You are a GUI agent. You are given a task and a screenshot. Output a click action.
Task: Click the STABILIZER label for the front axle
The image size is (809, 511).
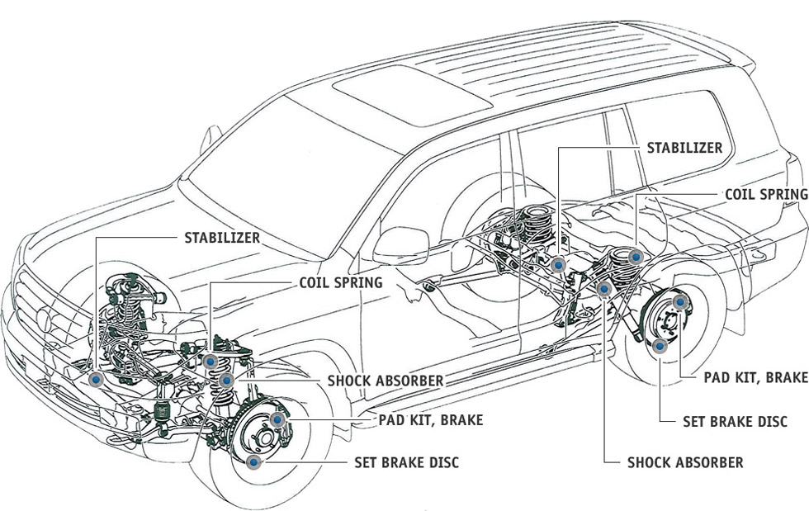[x=221, y=238]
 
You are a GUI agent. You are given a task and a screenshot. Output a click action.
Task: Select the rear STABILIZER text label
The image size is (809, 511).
[x=684, y=148]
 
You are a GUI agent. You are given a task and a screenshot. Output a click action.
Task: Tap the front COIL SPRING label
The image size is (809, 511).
[x=340, y=282]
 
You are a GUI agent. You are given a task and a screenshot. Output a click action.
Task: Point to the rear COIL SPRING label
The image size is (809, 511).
[x=765, y=194]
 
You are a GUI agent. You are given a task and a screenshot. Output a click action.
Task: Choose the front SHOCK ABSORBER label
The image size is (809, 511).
[x=386, y=381]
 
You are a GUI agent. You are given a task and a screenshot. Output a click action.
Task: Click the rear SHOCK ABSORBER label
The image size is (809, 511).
[x=685, y=462]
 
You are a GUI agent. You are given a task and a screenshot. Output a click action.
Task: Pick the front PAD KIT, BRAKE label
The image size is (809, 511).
[x=431, y=420]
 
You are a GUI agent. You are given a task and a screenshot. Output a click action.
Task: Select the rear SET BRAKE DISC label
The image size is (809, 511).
[x=735, y=421]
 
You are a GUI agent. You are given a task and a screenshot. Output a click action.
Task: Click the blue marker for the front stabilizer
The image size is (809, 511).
[x=97, y=380]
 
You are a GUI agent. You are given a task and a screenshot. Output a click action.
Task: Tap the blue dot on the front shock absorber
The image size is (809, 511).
[x=226, y=380]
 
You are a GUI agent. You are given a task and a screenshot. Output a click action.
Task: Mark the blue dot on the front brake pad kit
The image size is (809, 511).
[x=277, y=420]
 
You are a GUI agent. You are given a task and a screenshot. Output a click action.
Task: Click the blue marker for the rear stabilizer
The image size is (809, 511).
[x=559, y=265]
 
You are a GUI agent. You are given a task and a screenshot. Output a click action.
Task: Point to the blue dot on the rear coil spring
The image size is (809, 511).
[x=635, y=257]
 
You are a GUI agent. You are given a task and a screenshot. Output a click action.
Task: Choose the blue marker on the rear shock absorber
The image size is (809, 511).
[x=604, y=288]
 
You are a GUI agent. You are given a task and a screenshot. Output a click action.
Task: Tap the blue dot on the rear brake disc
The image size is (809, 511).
[x=660, y=346]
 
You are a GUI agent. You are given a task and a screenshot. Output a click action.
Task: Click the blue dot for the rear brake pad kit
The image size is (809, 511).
[x=679, y=303]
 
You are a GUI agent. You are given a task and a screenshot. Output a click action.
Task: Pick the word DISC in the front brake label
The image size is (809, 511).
[x=441, y=462]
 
